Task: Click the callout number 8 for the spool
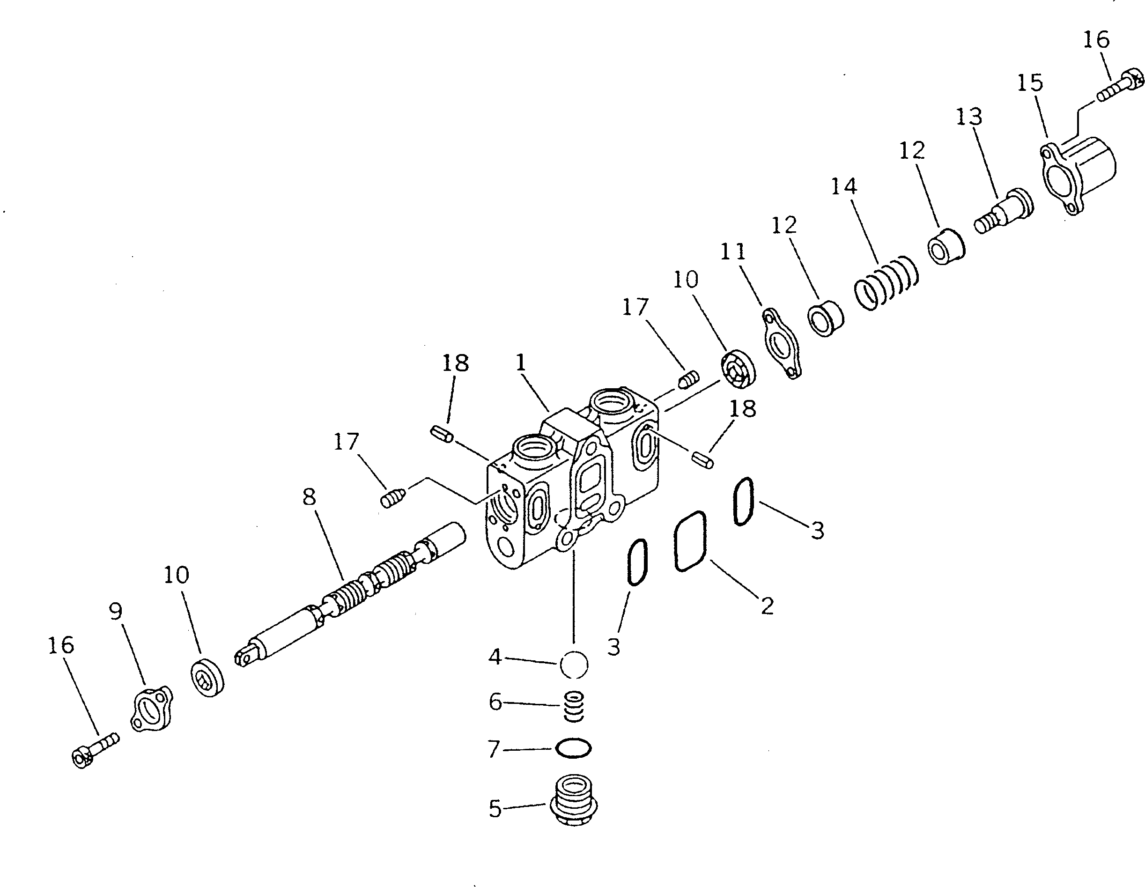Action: click(310, 496)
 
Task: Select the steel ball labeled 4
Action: click(574, 665)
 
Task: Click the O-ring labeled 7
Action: click(574, 748)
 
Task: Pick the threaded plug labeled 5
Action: click(574, 802)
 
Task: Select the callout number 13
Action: click(969, 117)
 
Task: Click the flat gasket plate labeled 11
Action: click(781, 342)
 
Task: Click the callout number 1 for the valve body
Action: click(521, 363)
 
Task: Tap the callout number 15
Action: click(1030, 83)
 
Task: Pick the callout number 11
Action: click(732, 252)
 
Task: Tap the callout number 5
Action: click(495, 809)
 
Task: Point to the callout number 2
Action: click(767, 606)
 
